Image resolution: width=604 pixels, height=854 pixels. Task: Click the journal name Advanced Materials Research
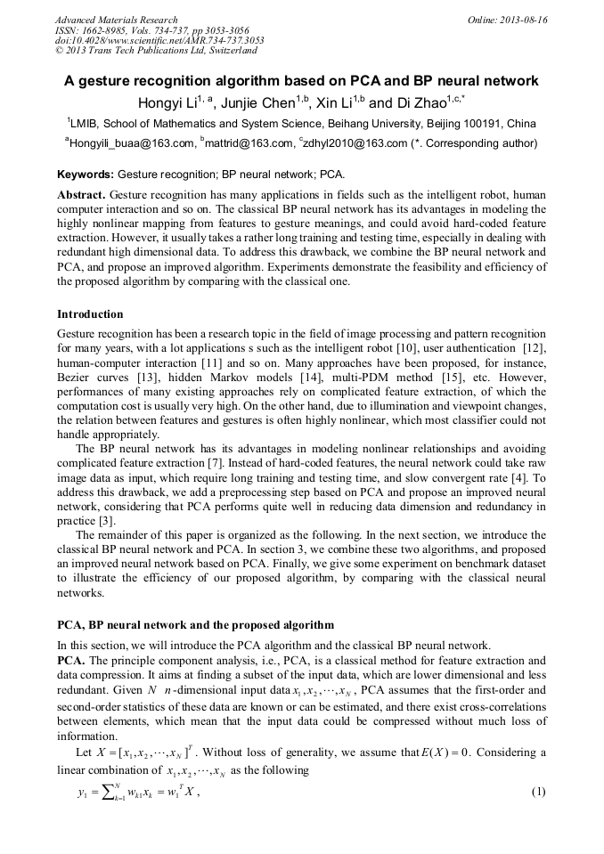(116, 19)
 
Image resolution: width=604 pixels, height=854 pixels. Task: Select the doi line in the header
(159, 40)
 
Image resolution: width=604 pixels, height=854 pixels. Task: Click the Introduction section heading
(90, 314)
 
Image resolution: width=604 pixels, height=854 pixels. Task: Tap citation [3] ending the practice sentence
(105, 519)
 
